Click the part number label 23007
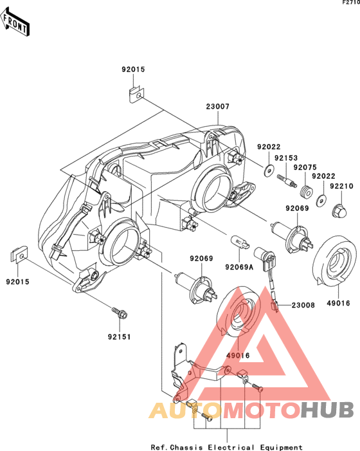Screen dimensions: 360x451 [x=218, y=106]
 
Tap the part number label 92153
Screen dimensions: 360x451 [x=286, y=158]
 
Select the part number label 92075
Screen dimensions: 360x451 [x=305, y=167]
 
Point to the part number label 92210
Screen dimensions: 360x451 [x=341, y=186]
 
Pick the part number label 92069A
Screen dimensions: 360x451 [x=239, y=267]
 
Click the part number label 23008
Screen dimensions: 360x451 [x=303, y=305]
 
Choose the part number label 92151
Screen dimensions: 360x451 [x=119, y=336]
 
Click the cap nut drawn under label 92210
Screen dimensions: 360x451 [x=339, y=211]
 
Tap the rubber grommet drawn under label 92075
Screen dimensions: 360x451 [x=307, y=192]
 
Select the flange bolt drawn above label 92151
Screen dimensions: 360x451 [x=120, y=313]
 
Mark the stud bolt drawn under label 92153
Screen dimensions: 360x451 [x=286, y=181]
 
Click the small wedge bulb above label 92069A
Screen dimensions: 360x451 [x=240, y=242]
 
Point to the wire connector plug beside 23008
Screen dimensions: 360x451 [x=274, y=306]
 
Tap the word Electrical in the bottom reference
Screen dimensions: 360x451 [x=231, y=447]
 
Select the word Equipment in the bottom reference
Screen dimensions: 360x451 [x=282, y=447]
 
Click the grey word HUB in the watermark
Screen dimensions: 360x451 [x=327, y=410]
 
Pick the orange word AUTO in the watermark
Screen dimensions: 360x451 [x=186, y=410]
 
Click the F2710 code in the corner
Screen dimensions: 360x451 [x=351, y=3]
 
